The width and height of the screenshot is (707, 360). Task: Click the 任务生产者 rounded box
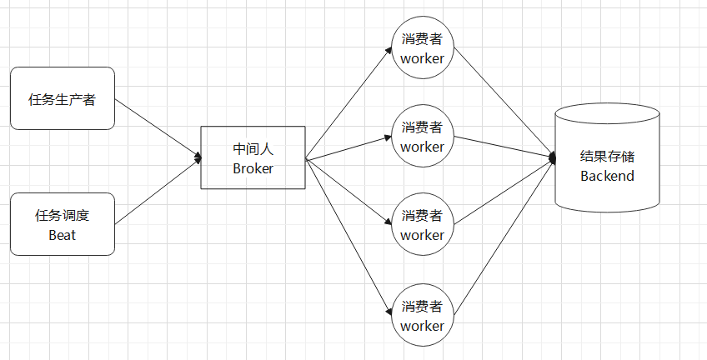[x=63, y=99]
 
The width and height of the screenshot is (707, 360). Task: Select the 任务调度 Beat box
[x=63, y=225]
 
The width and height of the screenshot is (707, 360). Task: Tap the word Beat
[x=63, y=235]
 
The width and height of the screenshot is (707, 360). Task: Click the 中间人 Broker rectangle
[x=253, y=157]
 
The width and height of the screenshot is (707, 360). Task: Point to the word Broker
[x=253, y=167]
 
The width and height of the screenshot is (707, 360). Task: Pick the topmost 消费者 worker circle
[x=423, y=48]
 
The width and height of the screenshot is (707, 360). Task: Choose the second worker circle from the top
[x=423, y=137]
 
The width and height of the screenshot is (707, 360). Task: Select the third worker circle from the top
[x=423, y=225]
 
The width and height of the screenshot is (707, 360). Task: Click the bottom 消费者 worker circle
[x=423, y=315]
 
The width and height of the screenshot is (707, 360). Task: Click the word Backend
[x=608, y=176]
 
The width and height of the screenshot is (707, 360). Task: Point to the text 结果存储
[x=608, y=157]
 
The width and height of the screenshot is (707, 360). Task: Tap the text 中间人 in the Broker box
[x=253, y=149]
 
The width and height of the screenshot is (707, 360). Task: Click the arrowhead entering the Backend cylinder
[x=552, y=157]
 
